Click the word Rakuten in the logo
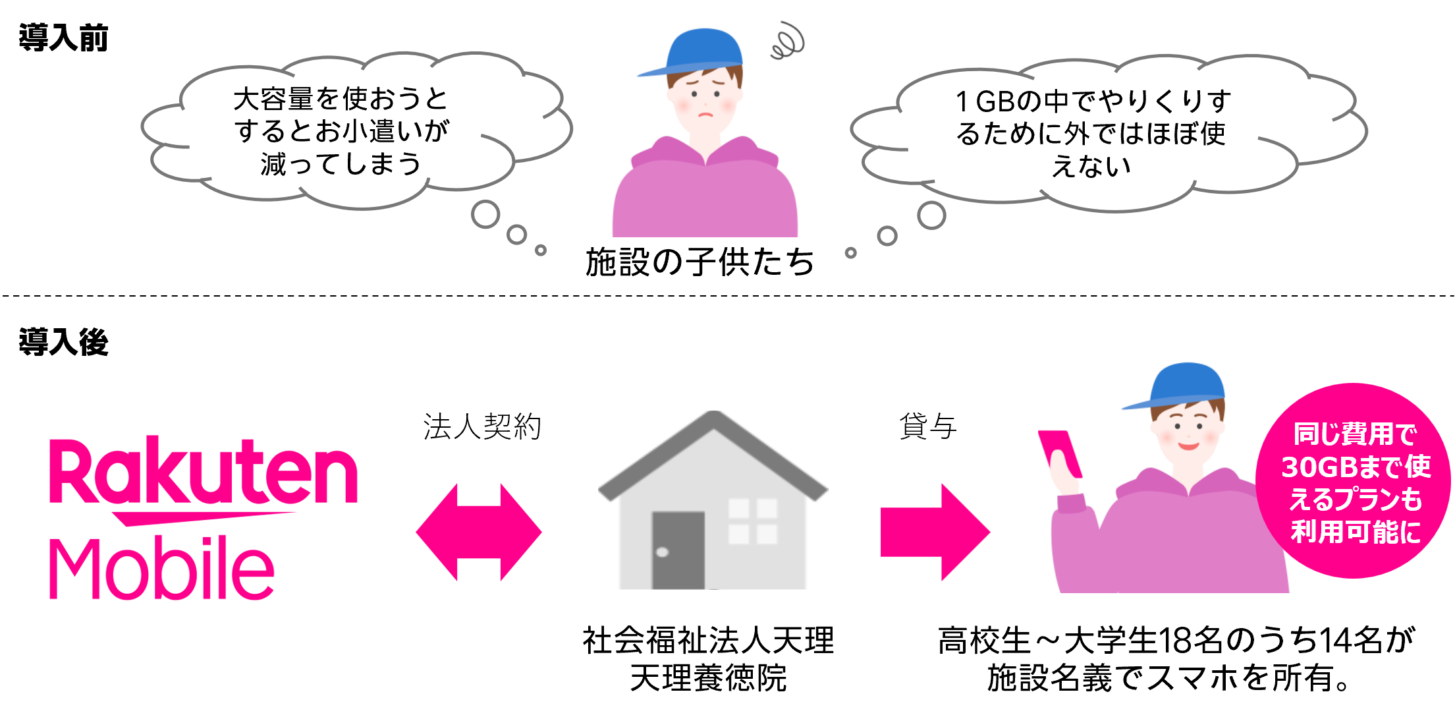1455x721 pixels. [204, 471]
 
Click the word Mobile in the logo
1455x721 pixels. [161, 568]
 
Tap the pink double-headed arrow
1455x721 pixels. [479, 532]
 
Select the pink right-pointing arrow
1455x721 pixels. [935, 532]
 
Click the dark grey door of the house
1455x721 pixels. [678, 550]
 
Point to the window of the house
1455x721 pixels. [753, 521]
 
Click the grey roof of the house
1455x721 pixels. [713, 448]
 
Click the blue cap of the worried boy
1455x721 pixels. [698, 49]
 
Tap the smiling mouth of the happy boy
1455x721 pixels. [1188, 446]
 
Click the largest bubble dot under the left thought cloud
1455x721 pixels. [485, 215]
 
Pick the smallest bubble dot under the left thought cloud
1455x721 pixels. [541, 250]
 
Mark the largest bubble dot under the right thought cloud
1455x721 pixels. [931, 215]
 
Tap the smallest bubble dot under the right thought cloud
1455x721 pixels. [851, 253]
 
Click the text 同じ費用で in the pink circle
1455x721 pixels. [1355, 434]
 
